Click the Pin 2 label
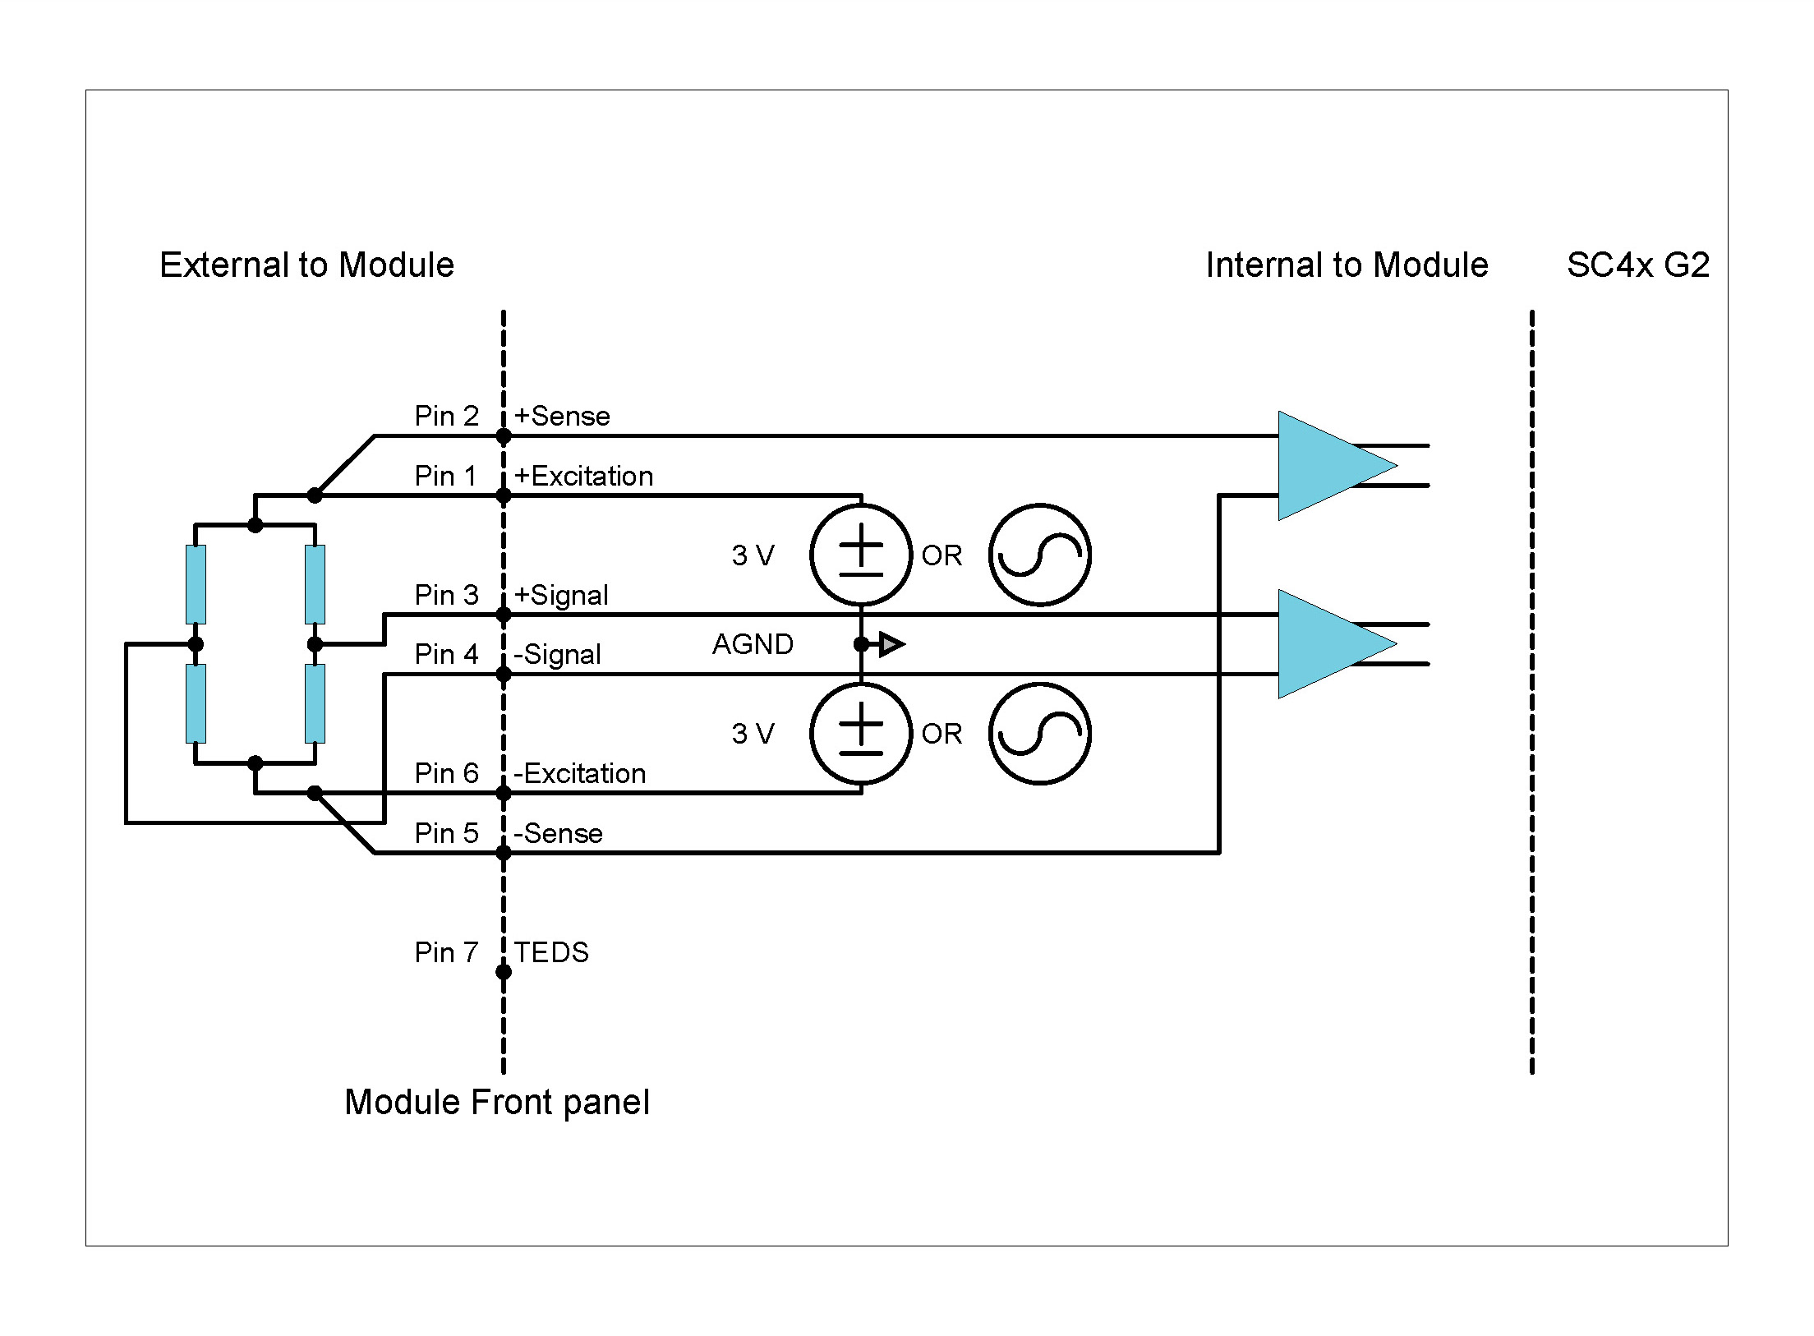pyautogui.click(x=446, y=417)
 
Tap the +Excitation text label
pyautogui.click(x=583, y=477)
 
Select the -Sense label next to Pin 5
pyautogui.click(x=558, y=834)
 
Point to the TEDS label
pyautogui.click(x=551, y=953)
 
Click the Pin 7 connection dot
pyautogui.click(x=504, y=972)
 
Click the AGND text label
pyautogui.click(x=753, y=645)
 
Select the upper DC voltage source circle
pyautogui.click(x=861, y=555)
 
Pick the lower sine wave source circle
pyautogui.click(x=1039, y=734)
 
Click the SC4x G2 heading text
pyautogui.click(x=1637, y=265)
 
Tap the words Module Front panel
pyautogui.click(x=497, y=1103)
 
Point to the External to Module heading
pyautogui.click(x=306, y=265)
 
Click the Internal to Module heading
pyautogui.click(x=1347, y=265)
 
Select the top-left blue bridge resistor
pyautogui.click(x=196, y=584)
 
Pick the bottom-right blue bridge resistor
pyautogui.click(x=315, y=703)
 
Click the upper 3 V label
pyautogui.click(x=753, y=556)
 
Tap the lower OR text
pyautogui.click(x=942, y=735)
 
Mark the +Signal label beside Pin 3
pyautogui.click(x=561, y=596)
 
